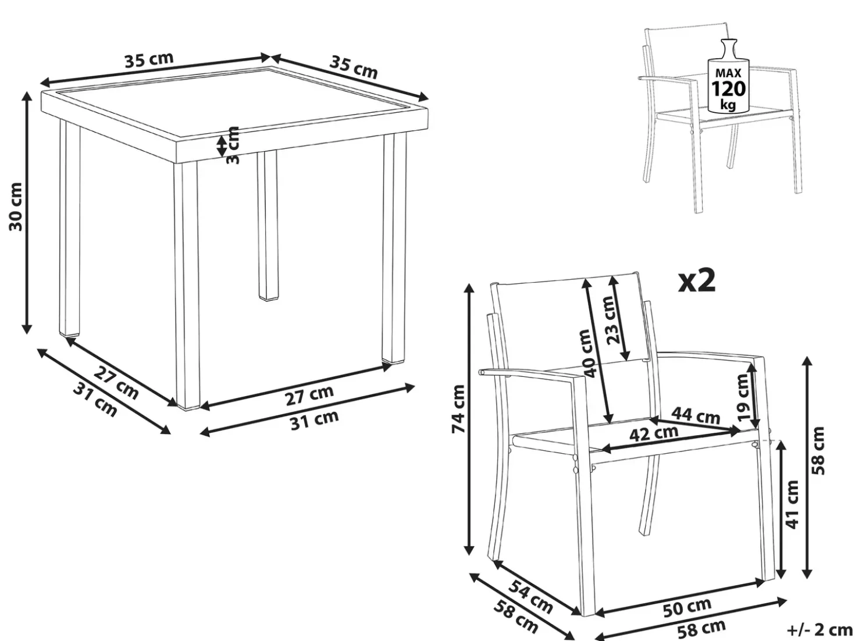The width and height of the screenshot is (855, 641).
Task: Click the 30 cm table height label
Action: (x=16, y=207)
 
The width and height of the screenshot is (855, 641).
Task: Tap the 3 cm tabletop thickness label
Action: (x=233, y=145)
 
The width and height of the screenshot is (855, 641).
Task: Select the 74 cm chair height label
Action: (x=458, y=408)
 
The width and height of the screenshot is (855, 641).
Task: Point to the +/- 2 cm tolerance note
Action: (x=820, y=630)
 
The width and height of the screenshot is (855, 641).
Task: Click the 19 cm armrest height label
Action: (x=743, y=397)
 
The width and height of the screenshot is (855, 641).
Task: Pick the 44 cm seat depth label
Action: (x=696, y=415)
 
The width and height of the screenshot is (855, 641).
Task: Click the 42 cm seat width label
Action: (x=654, y=433)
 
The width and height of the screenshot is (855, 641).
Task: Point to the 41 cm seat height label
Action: (x=793, y=504)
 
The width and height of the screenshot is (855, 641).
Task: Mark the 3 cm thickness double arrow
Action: (x=221, y=145)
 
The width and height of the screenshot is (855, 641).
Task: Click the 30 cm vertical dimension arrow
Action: (x=27, y=213)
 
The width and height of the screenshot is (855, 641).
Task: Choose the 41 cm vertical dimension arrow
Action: (x=781, y=508)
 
